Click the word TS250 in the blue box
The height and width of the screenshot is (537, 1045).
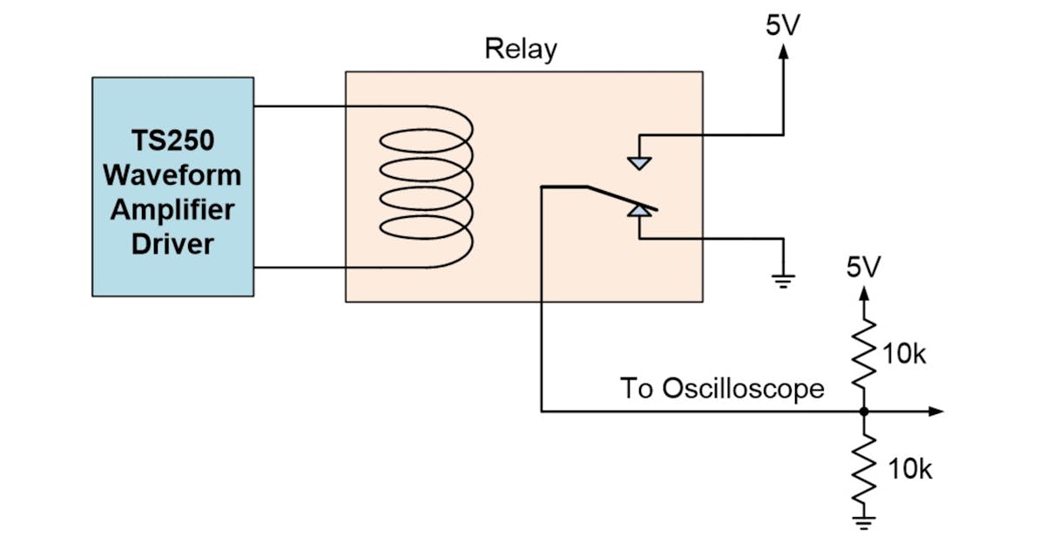coord(172,140)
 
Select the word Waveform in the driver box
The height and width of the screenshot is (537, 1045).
coord(172,174)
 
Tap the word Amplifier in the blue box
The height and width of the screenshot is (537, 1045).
coord(172,209)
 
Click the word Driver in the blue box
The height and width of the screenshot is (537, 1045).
coord(172,243)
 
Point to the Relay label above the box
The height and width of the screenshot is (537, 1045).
coord(520,50)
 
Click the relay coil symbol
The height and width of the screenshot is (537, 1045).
coord(427,187)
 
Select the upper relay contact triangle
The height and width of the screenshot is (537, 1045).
coord(639,162)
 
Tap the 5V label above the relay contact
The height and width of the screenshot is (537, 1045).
coord(784,25)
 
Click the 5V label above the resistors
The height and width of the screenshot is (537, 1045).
coord(864,268)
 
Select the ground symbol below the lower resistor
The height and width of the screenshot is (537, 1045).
coord(864,524)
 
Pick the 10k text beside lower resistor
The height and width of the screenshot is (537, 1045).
coord(909,469)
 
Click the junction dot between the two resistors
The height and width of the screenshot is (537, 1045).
coord(864,411)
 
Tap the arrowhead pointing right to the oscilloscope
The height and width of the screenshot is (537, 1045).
coord(935,411)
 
